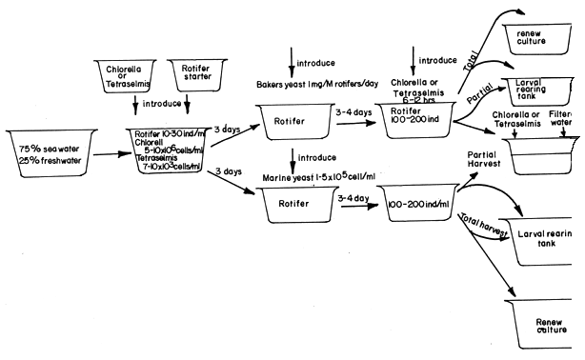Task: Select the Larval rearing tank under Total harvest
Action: [x=544, y=238]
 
